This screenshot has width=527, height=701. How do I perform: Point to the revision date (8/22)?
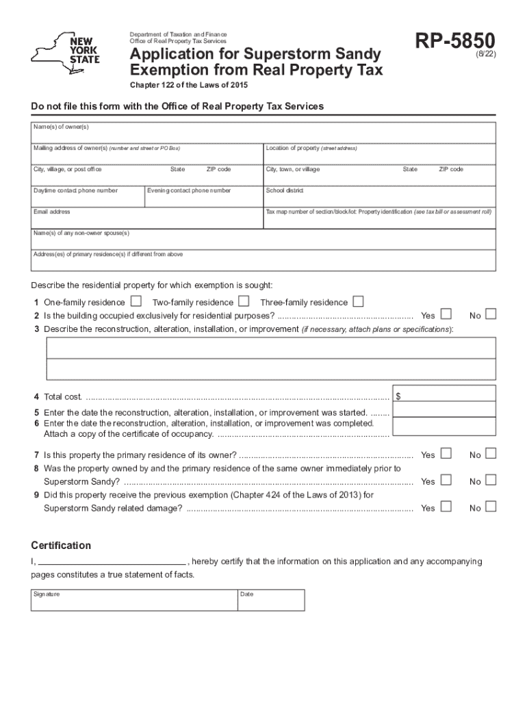click(483, 60)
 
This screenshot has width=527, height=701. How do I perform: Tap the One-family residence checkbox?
click(136, 301)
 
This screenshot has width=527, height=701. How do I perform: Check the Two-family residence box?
click(244, 301)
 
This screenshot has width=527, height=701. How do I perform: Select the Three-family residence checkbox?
click(358, 301)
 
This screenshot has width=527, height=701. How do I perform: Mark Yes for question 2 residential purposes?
click(446, 314)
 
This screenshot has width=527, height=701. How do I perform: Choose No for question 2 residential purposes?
click(490, 314)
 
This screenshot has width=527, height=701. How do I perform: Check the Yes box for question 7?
click(446, 454)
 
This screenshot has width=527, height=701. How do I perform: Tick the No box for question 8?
click(490, 481)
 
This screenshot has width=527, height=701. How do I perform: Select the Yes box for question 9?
click(446, 507)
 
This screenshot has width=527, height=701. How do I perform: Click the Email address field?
click(146, 217)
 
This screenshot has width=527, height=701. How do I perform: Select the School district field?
click(380, 196)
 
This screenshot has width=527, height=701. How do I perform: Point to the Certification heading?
click(61, 546)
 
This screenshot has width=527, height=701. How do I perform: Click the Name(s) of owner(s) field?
click(263, 133)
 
